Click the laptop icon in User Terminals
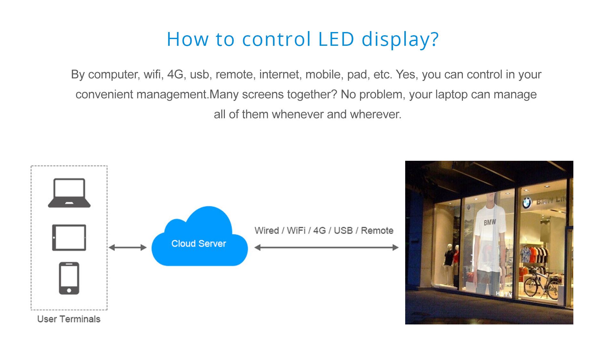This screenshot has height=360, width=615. pyautogui.click(x=69, y=193)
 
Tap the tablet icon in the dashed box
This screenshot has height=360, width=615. pyautogui.click(x=69, y=237)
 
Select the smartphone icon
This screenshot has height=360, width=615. pyautogui.click(x=69, y=278)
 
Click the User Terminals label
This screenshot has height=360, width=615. pyautogui.click(x=69, y=319)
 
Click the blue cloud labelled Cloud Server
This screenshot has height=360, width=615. pyautogui.click(x=199, y=237)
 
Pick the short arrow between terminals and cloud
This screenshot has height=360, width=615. pyautogui.click(x=127, y=247)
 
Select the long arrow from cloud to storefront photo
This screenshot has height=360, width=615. pyautogui.click(x=326, y=247)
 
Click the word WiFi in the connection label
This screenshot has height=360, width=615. pyautogui.click(x=296, y=231)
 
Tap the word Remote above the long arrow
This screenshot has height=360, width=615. pyautogui.click(x=377, y=231)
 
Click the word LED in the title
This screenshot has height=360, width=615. pyautogui.click(x=336, y=39)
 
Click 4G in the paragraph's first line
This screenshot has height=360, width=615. pyautogui.click(x=176, y=75)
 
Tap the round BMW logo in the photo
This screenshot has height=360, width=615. pyautogui.click(x=527, y=202)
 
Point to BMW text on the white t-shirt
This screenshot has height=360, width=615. pyautogui.click(x=490, y=222)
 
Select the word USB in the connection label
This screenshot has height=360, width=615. pyautogui.click(x=343, y=231)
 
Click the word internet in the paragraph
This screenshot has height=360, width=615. pyautogui.click(x=279, y=75)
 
